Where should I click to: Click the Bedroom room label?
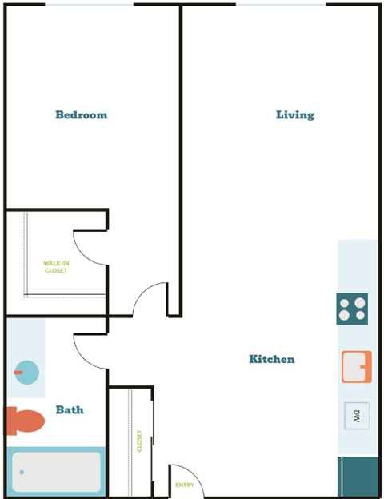(81, 114)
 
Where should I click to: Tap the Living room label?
(295, 114)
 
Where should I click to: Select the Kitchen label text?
(271, 359)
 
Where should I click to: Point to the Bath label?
(70, 409)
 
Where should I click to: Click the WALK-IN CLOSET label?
(55, 267)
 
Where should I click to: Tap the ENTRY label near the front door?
(185, 485)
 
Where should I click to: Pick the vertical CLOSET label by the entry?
(139, 441)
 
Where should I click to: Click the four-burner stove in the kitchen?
(352, 309)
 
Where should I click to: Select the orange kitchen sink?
(357, 367)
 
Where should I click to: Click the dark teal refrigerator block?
(358, 477)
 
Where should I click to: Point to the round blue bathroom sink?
(26, 372)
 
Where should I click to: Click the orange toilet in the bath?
(25, 421)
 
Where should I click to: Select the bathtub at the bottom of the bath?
(56, 473)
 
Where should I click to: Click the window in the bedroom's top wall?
(89, 5)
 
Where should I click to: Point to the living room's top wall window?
(281, 5)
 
